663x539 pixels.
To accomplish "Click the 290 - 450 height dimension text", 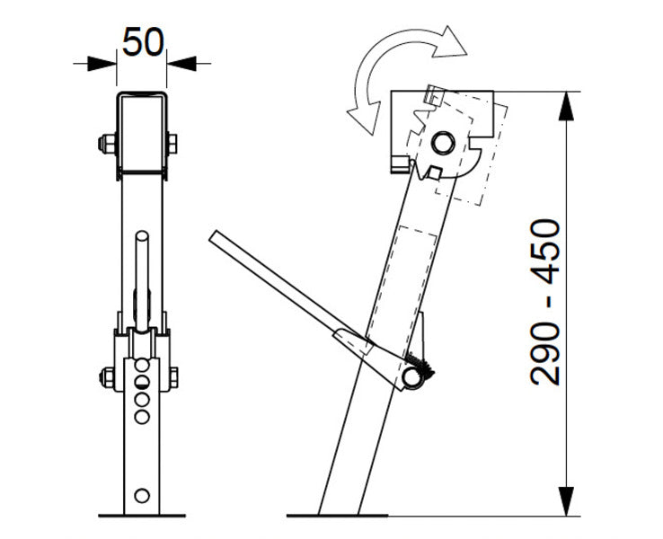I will pyautogui.click(x=547, y=302).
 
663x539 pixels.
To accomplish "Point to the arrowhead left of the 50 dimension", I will pyautogui.click(x=104, y=63).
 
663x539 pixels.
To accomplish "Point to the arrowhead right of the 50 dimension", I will pyautogui.click(x=178, y=63).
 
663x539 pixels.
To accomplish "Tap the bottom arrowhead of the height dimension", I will pyautogui.click(x=566, y=501).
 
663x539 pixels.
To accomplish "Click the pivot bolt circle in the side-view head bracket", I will pyautogui.click(x=442, y=142).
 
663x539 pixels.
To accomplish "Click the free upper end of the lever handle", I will pyautogui.click(x=216, y=235).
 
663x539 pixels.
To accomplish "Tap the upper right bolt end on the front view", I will pyautogui.click(x=172, y=143).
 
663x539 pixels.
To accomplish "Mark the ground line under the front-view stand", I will pyautogui.click(x=141, y=516).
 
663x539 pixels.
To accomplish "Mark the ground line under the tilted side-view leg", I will pyautogui.click(x=337, y=516).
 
